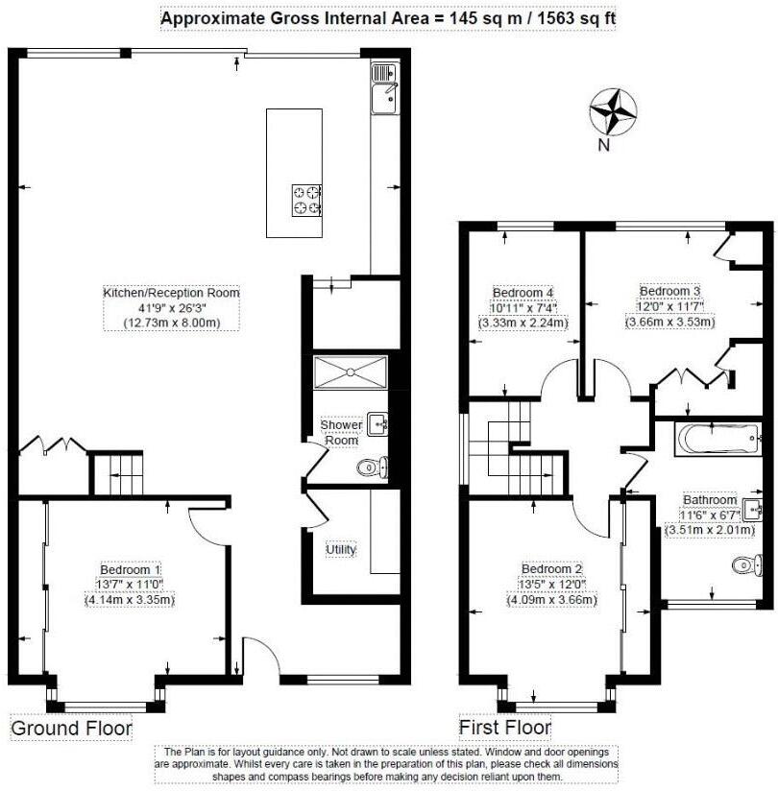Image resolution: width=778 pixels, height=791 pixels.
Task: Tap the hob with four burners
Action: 306,199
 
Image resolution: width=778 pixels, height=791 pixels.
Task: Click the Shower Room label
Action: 341,432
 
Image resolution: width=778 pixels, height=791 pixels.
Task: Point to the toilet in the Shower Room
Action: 371,468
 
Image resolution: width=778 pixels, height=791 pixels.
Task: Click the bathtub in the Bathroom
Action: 706,440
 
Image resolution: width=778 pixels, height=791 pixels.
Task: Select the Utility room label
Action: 341,549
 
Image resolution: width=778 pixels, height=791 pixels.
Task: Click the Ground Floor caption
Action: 71,729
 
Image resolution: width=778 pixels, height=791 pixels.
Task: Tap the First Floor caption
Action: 504,728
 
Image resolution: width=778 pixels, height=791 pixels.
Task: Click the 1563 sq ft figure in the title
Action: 568,18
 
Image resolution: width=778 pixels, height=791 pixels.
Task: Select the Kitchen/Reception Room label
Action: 171,292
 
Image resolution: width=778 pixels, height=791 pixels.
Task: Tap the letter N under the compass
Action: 604,146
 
